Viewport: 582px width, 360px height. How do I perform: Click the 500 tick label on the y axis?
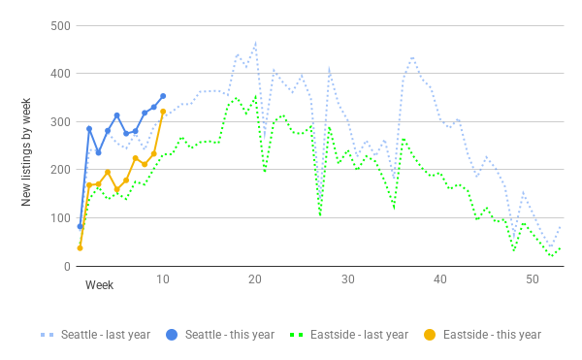pyautogui.click(x=60, y=26)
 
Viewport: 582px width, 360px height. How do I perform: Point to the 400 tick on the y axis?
pyautogui.click(x=60, y=74)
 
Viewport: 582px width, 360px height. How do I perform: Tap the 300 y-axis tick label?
pyautogui.click(x=60, y=121)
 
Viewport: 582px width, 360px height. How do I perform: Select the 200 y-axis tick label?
pyautogui.click(x=60, y=170)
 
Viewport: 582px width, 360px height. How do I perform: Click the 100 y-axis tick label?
pyautogui.click(x=60, y=218)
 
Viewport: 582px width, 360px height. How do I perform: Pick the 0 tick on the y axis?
pyautogui.click(x=67, y=266)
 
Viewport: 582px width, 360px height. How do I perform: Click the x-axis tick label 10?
pyautogui.click(x=163, y=278)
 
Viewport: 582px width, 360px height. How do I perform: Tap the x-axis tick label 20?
pyautogui.click(x=255, y=278)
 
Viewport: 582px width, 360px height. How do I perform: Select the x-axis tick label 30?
pyautogui.click(x=348, y=278)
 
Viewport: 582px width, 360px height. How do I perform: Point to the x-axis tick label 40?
pyautogui.click(x=440, y=278)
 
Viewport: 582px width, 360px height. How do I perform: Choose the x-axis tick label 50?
pyautogui.click(x=533, y=278)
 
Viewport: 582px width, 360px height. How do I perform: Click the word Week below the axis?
pyautogui.click(x=99, y=284)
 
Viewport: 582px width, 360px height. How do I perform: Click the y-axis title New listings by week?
pyautogui.click(x=26, y=152)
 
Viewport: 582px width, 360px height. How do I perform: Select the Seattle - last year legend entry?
pyautogui.click(x=95, y=335)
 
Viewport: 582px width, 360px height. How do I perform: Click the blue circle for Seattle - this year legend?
pyautogui.click(x=172, y=335)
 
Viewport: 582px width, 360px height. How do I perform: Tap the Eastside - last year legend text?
pyautogui.click(x=359, y=335)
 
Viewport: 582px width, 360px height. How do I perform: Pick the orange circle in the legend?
pyautogui.click(x=430, y=335)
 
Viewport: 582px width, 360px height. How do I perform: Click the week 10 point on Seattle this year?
pyautogui.click(x=163, y=96)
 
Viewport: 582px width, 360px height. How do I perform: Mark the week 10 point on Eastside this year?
pyautogui.click(x=163, y=112)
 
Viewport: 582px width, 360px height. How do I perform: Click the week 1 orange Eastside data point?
pyautogui.click(x=80, y=247)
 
